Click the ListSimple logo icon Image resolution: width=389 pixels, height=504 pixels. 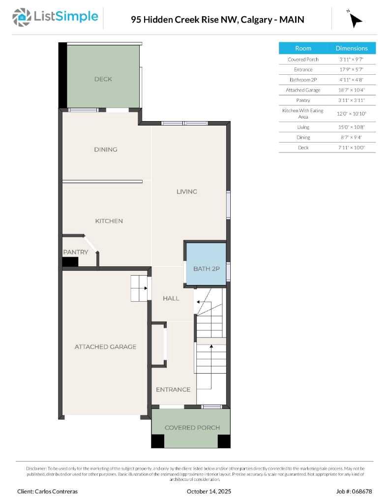(x=21, y=17)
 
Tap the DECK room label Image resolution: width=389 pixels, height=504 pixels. (x=103, y=79)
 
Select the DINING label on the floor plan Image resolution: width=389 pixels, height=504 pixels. (x=106, y=150)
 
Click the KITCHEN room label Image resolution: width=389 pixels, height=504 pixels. (x=109, y=221)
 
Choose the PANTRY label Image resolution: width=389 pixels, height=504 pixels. (x=76, y=252)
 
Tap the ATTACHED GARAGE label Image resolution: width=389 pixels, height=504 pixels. (x=105, y=347)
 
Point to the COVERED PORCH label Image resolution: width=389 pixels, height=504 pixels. (x=192, y=428)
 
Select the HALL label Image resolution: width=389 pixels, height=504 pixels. (x=171, y=298)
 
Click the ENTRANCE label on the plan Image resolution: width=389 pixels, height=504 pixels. (x=173, y=390)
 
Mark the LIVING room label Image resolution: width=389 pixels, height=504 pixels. (x=187, y=191)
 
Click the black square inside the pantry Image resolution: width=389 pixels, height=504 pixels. (x=70, y=262)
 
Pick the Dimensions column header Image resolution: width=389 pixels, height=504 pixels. (x=352, y=48)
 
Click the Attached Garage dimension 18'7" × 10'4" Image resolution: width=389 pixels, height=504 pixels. (x=352, y=90)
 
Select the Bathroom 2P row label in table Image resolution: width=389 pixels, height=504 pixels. (x=303, y=80)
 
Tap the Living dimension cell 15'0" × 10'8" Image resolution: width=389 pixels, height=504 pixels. (x=352, y=127)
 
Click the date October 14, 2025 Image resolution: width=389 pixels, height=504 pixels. (x=209, y=491)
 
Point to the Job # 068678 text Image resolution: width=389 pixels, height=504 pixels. (x=354, y=491)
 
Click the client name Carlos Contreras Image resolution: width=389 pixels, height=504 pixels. (x=47, y=491)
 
